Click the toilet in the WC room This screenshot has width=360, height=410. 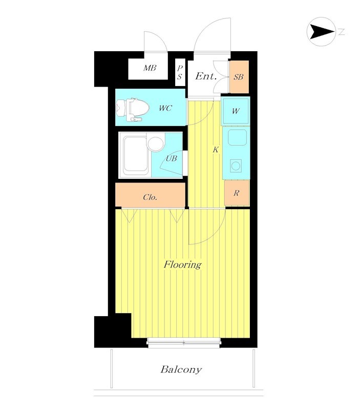(x=132, y=110)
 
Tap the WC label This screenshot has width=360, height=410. (x=165, y=108)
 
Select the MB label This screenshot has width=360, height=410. (x=150, y=68)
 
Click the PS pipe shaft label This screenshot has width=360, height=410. (x=179, y=72)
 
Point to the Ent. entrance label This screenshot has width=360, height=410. (x=206, y=76)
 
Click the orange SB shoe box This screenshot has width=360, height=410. (x=239, y=77)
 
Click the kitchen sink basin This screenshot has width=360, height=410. (x=237, y=137)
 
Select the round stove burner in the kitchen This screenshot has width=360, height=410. (x=236, y=166)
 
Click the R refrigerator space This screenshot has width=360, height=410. (x=237, y=193)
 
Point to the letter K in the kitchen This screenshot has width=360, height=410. (x=216, y=150)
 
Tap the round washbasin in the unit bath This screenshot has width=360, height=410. (x=156, y=144)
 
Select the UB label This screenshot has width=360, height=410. (x=172, y=158)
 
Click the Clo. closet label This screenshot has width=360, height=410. (x=150, y=197)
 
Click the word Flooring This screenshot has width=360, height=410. (x=182, y=264)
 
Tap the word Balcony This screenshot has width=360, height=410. (x=181, y=369)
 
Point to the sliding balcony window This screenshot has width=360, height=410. (x=184, y=343)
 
